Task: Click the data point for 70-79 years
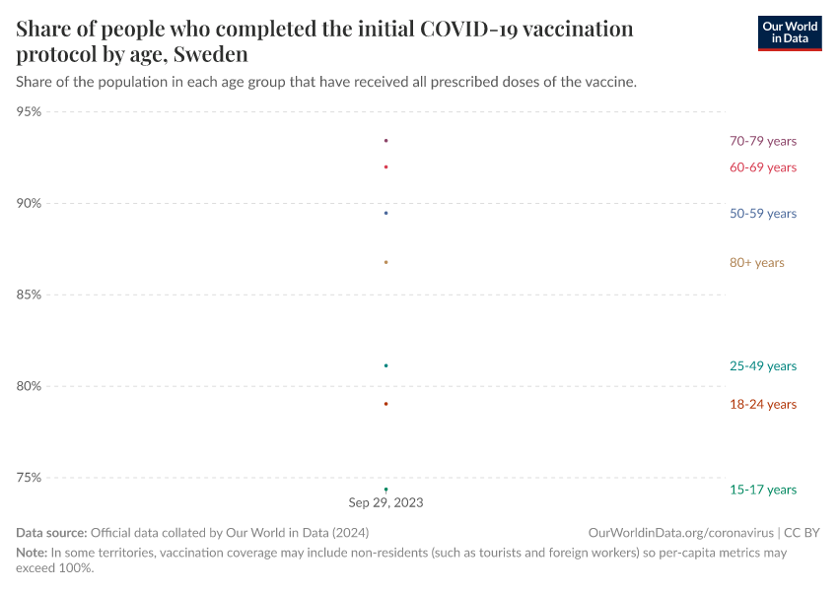[385, 141]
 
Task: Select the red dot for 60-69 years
[385, 166]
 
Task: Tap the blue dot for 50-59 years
[385, 213]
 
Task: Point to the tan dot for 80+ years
[385, 262]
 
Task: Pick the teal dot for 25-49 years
[385, 365]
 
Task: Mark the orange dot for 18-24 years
[385, 404]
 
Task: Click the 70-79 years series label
[762, 141]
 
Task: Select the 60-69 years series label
[762, 167]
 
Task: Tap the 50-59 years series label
[762, 214]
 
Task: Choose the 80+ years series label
[756, 263]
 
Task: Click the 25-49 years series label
[762, 366]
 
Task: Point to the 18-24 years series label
[762, 405]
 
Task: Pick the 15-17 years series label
[762, 490]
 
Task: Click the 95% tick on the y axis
[30, 112]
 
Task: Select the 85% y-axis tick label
[30, 295]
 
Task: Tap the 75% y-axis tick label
[30, 478]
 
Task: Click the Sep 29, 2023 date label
[385, 502]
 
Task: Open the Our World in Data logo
[789, 33]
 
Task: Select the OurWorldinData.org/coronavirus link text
[681, 533]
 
